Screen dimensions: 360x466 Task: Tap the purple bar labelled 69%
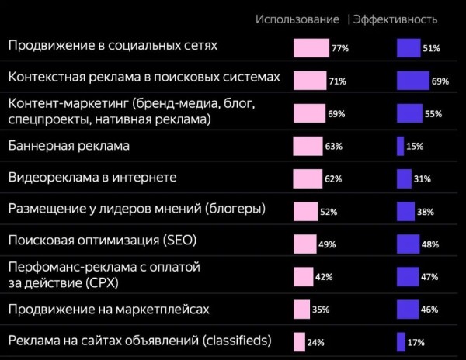(x=412, y=81)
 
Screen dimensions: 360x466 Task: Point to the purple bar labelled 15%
(x=400, y=146)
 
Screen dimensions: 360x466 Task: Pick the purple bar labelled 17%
(x=401, y=341)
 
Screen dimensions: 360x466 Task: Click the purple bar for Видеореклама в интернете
(x=404, y=178)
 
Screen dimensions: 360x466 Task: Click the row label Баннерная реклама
(x=68, y=145)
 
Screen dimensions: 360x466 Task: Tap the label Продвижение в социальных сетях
(x=112, y=46)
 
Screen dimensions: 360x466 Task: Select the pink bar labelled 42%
(x=303, y=277)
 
